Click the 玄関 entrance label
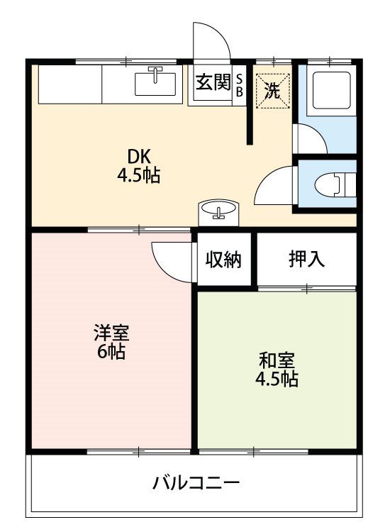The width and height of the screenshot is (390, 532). coord(213,82)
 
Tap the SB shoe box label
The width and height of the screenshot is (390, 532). coord(240,86)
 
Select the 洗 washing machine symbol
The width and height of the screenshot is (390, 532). coord(273,91)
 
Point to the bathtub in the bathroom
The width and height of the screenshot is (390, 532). coord(331,90)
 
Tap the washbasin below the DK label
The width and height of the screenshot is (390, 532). coord(218,213)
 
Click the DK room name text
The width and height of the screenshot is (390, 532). coord(139,157)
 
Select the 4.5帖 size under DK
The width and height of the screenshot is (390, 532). coord(139,175)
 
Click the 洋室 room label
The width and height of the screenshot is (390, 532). coord(111,333)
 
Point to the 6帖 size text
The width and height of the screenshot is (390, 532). coord(111,352)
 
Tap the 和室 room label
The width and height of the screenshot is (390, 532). coord(277,360)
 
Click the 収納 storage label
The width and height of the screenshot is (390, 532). coord(224,260)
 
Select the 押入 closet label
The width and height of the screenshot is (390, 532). coord(306,259)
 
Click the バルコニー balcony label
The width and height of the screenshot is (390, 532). coord(196,482)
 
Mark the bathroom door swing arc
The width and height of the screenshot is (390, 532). coord(317,133)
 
